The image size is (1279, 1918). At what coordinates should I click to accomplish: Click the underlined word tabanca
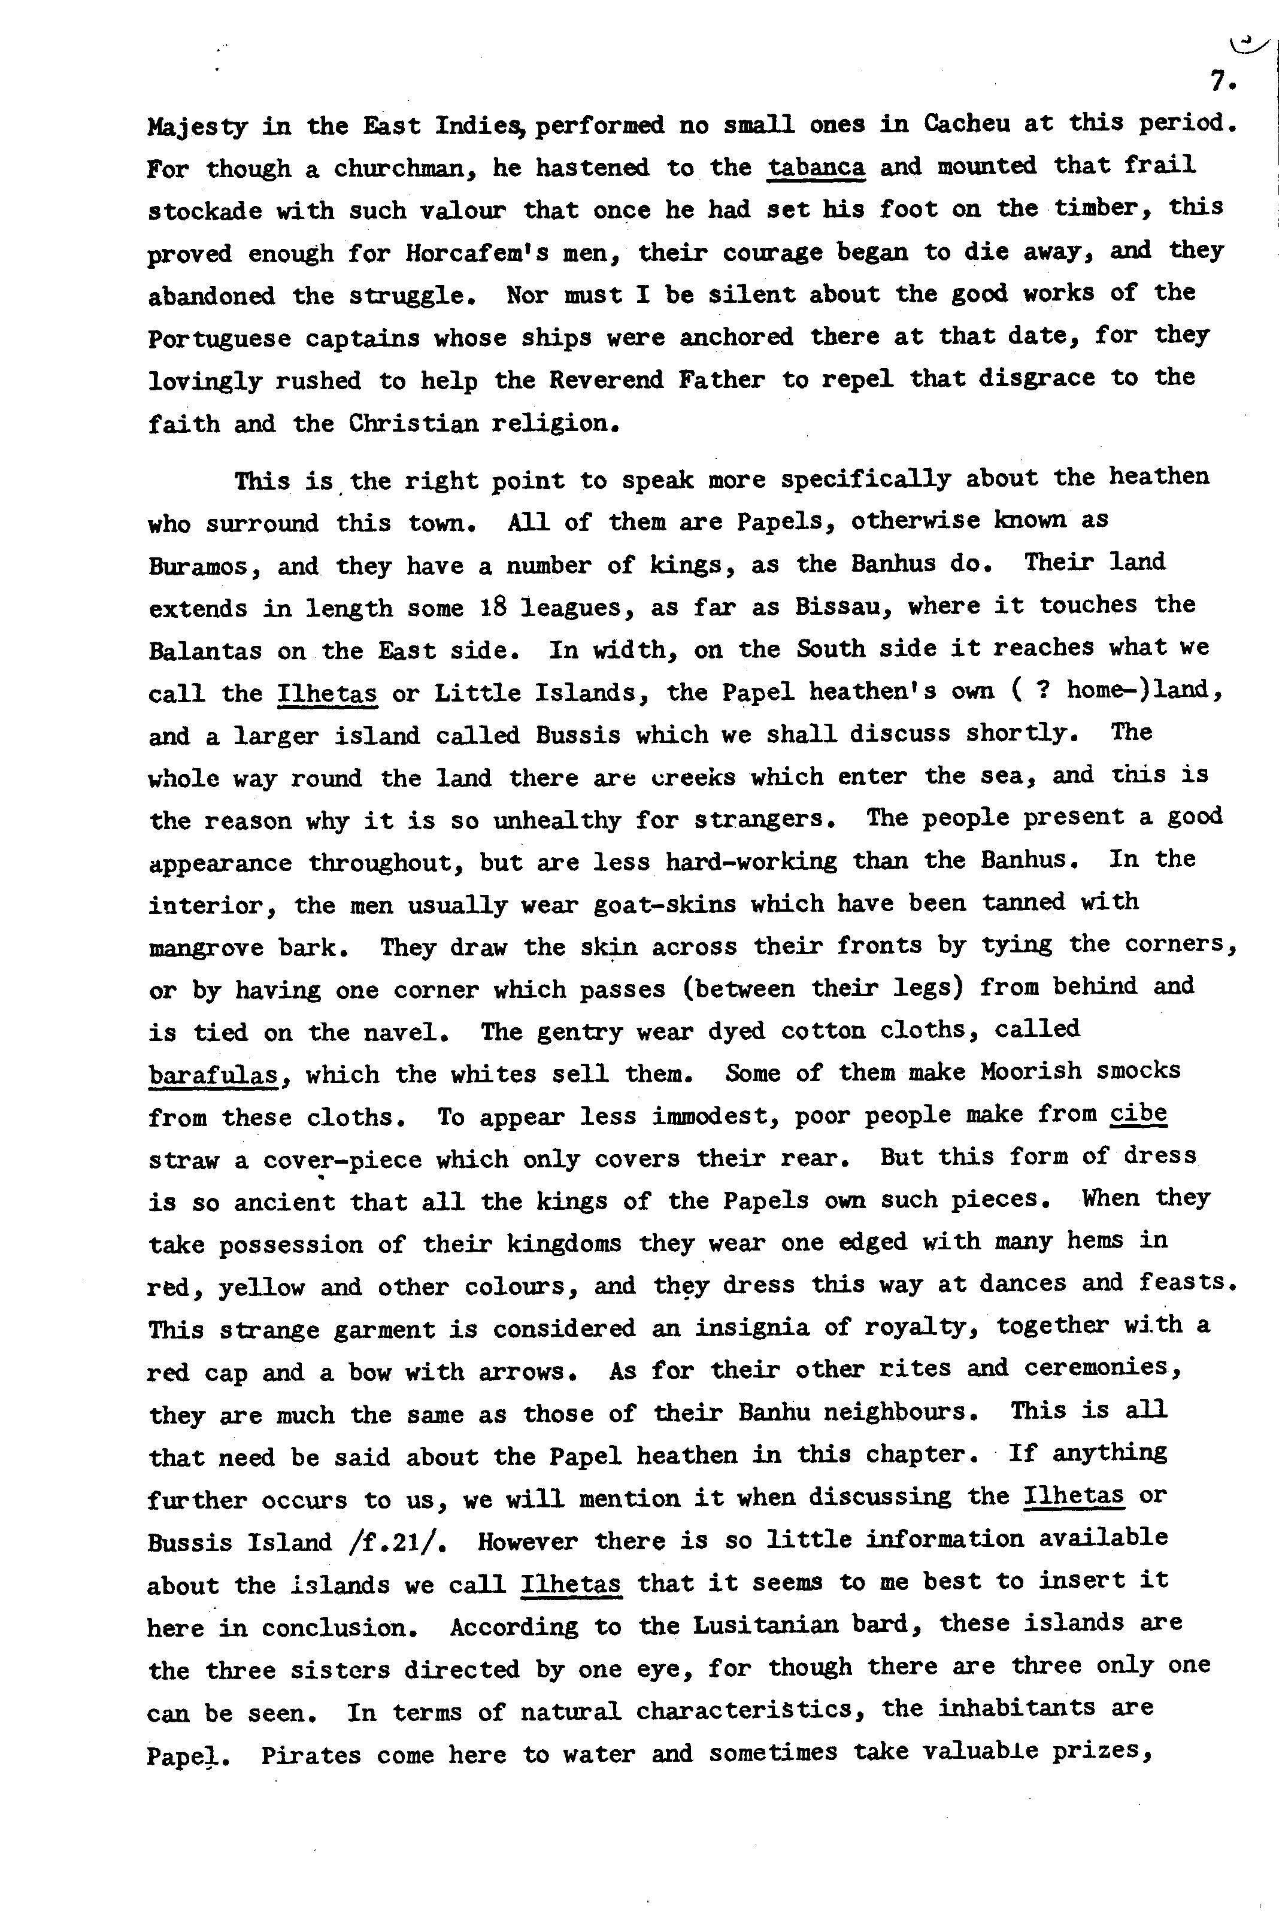click(x=817, y=166)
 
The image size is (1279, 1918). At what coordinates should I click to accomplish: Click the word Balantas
click(x=205, y=651)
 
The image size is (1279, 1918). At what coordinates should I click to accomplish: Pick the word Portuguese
click(x=219, y=338)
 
